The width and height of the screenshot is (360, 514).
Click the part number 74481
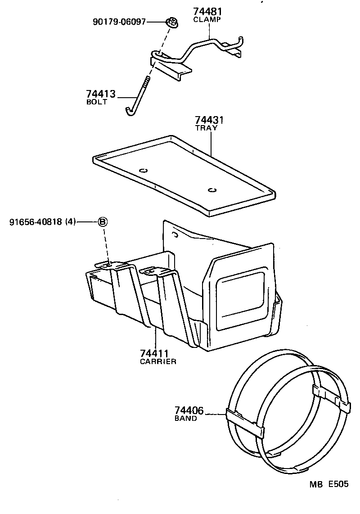[x=208, y=11]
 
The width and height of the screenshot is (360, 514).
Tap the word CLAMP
[x=208, y=20]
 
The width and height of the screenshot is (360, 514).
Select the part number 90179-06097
[x=119, y=21]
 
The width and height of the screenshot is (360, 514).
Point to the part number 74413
[x=101, y=94]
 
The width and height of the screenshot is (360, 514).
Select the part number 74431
[x=210, y=120]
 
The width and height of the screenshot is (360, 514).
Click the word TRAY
[x=206, y=128]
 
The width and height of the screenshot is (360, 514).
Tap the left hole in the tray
[x=144, y=170]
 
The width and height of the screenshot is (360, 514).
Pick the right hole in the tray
[x=212, y=189]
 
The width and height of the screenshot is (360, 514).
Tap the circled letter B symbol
[x=103, y=221]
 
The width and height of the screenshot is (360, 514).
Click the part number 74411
[x=154, y=353]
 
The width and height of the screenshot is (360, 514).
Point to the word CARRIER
[x=158, y=361]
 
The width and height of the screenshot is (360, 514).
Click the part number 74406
[x=189, y=410]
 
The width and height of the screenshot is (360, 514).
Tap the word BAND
[x=185, y=419]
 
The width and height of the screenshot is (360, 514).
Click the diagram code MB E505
[x=328, y=485]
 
